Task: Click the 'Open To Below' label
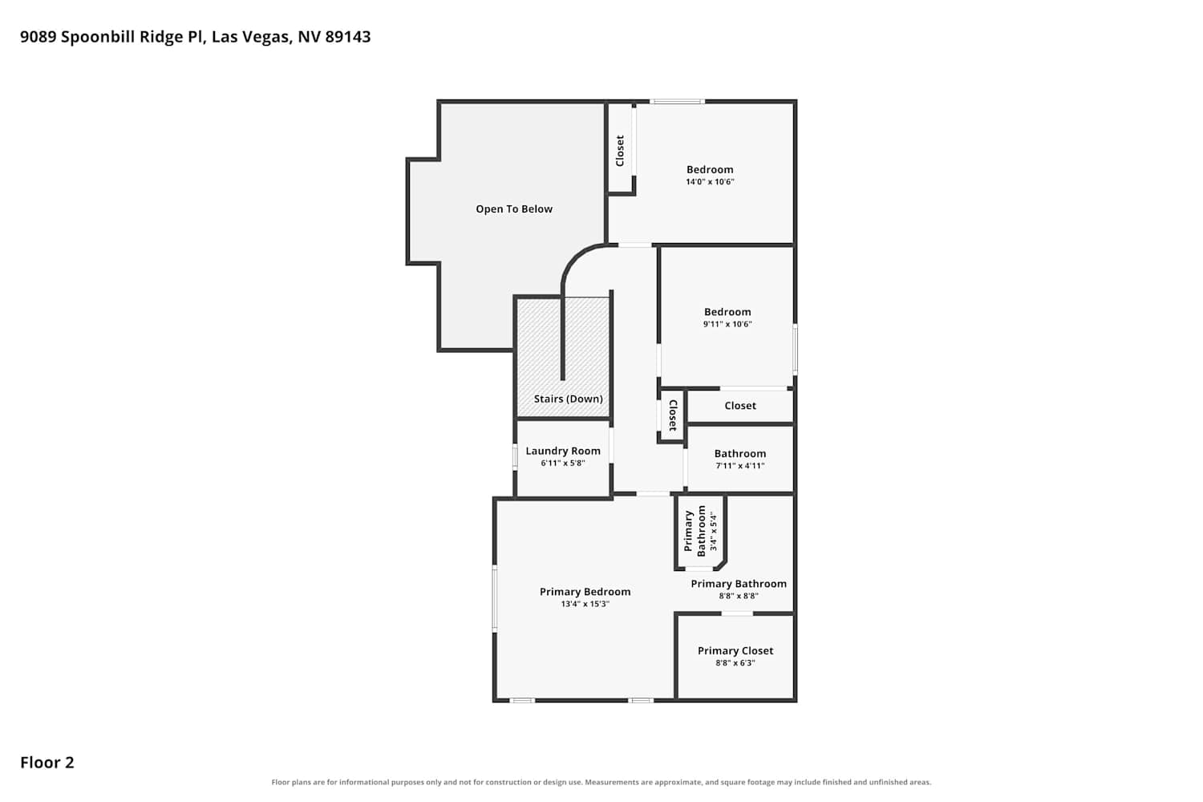pyautogui.click(x=514, y=209)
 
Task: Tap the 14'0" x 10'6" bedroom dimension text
pyautogui.click(x=710, y=181)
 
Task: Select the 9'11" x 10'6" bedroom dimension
pyautogui.click(x=727, y=324)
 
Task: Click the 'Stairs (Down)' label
pyautogui.click(x=568, y=399)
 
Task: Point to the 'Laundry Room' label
pyautogui.click(x=563, y=451)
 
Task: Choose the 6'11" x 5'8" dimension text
pyautogui.click(x=563, y=463)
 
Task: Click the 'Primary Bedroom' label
pyautogui.click(x=585, y=591)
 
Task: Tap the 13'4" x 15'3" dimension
pyautogui.click(x=585, y=604)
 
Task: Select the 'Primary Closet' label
pyautogui.click(x=735, y=650)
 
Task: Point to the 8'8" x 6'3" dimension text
pyautogui.click(x=735, y=663)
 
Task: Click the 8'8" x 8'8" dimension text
pyautogui.click(x=739, y=596)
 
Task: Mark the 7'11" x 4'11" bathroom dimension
pyautogui.click(x=740, y=466)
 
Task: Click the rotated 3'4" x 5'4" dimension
pyautogui.click(x=713, y=531)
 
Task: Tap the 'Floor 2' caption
pyautogui.click(x=47, y=762)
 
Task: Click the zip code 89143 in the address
pyautogui.click(x=348, y=37)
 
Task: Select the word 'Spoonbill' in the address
pyautogui.click(x=99, y=37)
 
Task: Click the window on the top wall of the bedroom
pyautogui.click(x=677, y=102)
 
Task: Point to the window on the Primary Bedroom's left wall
pyautogui.click(x=495, y=597)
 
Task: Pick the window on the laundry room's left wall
pyautogui.click(x=515, y=456)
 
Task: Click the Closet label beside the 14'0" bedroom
pyautogui.click(x=620, y=151)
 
